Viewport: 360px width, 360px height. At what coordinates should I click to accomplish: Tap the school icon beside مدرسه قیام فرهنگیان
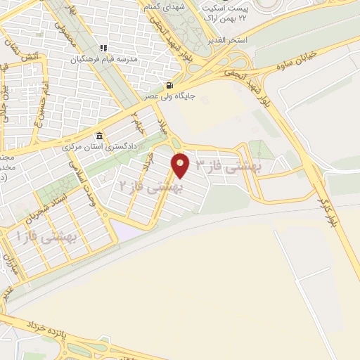(x=103, y=49)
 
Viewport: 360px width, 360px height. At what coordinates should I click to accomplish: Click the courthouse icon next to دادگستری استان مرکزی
(x=99, y=136)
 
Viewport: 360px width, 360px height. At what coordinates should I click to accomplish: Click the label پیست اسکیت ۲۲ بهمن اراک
(x=225, y=11)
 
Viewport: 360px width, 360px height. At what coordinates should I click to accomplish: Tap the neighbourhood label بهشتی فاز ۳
(x=227, y=166)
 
